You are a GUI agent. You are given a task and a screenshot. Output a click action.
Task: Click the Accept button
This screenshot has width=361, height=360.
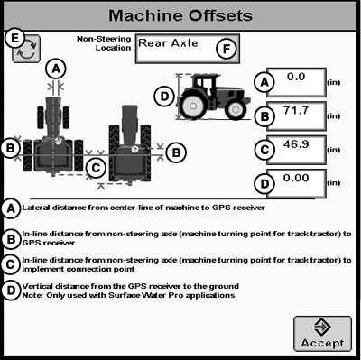pyautogui.click(x=322, y=334)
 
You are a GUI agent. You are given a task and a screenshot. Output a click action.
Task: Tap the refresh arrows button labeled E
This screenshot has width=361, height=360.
pyautogui.click(x=26, y=49)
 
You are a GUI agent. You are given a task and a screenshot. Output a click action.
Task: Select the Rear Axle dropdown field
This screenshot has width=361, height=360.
pyautogui.click(x=188, y=49)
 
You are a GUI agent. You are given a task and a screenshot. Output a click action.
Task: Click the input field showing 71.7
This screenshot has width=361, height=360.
pyautogui.click(x=296, y=116)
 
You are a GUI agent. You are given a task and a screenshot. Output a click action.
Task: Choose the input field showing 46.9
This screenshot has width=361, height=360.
pyautogui.click(x=296, y=150)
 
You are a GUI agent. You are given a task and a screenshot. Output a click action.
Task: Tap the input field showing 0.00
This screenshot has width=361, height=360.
pyautogui.click(x=296, y=183)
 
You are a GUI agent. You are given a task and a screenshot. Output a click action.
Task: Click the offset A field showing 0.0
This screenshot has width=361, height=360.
pyautogui.click(x=296, y=82)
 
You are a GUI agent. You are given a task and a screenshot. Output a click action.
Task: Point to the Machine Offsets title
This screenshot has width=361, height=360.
pyautogui.click(x=180, y=15)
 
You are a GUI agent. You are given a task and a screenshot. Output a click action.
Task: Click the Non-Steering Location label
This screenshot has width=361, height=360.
pyautogui.click(x=104, y=43)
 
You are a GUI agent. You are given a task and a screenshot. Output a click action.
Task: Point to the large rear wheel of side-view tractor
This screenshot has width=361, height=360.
pyautogui.click(x=193, y=106)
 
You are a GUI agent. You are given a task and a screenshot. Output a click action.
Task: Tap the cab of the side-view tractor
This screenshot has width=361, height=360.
pyautogui.click(x=204, y=85)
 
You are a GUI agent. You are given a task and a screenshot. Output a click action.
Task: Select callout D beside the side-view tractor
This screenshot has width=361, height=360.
pyautogui.click(x=164, y=97)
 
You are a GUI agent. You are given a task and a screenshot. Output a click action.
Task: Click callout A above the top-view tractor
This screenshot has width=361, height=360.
pyautogui.click(x=56, y=69)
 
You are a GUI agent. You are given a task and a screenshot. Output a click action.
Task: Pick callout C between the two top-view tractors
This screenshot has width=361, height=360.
pyautogui.click(x=96, y=168)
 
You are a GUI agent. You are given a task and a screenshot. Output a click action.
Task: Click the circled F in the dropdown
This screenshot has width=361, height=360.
pyautogui.click(x=226, y=49)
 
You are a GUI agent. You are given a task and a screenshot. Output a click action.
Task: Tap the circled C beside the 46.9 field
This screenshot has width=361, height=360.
pyautogui.click(x=264, y=150)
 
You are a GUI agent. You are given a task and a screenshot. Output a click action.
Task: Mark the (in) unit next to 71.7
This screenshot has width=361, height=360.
pyautogui.click(x=334, y=116)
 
